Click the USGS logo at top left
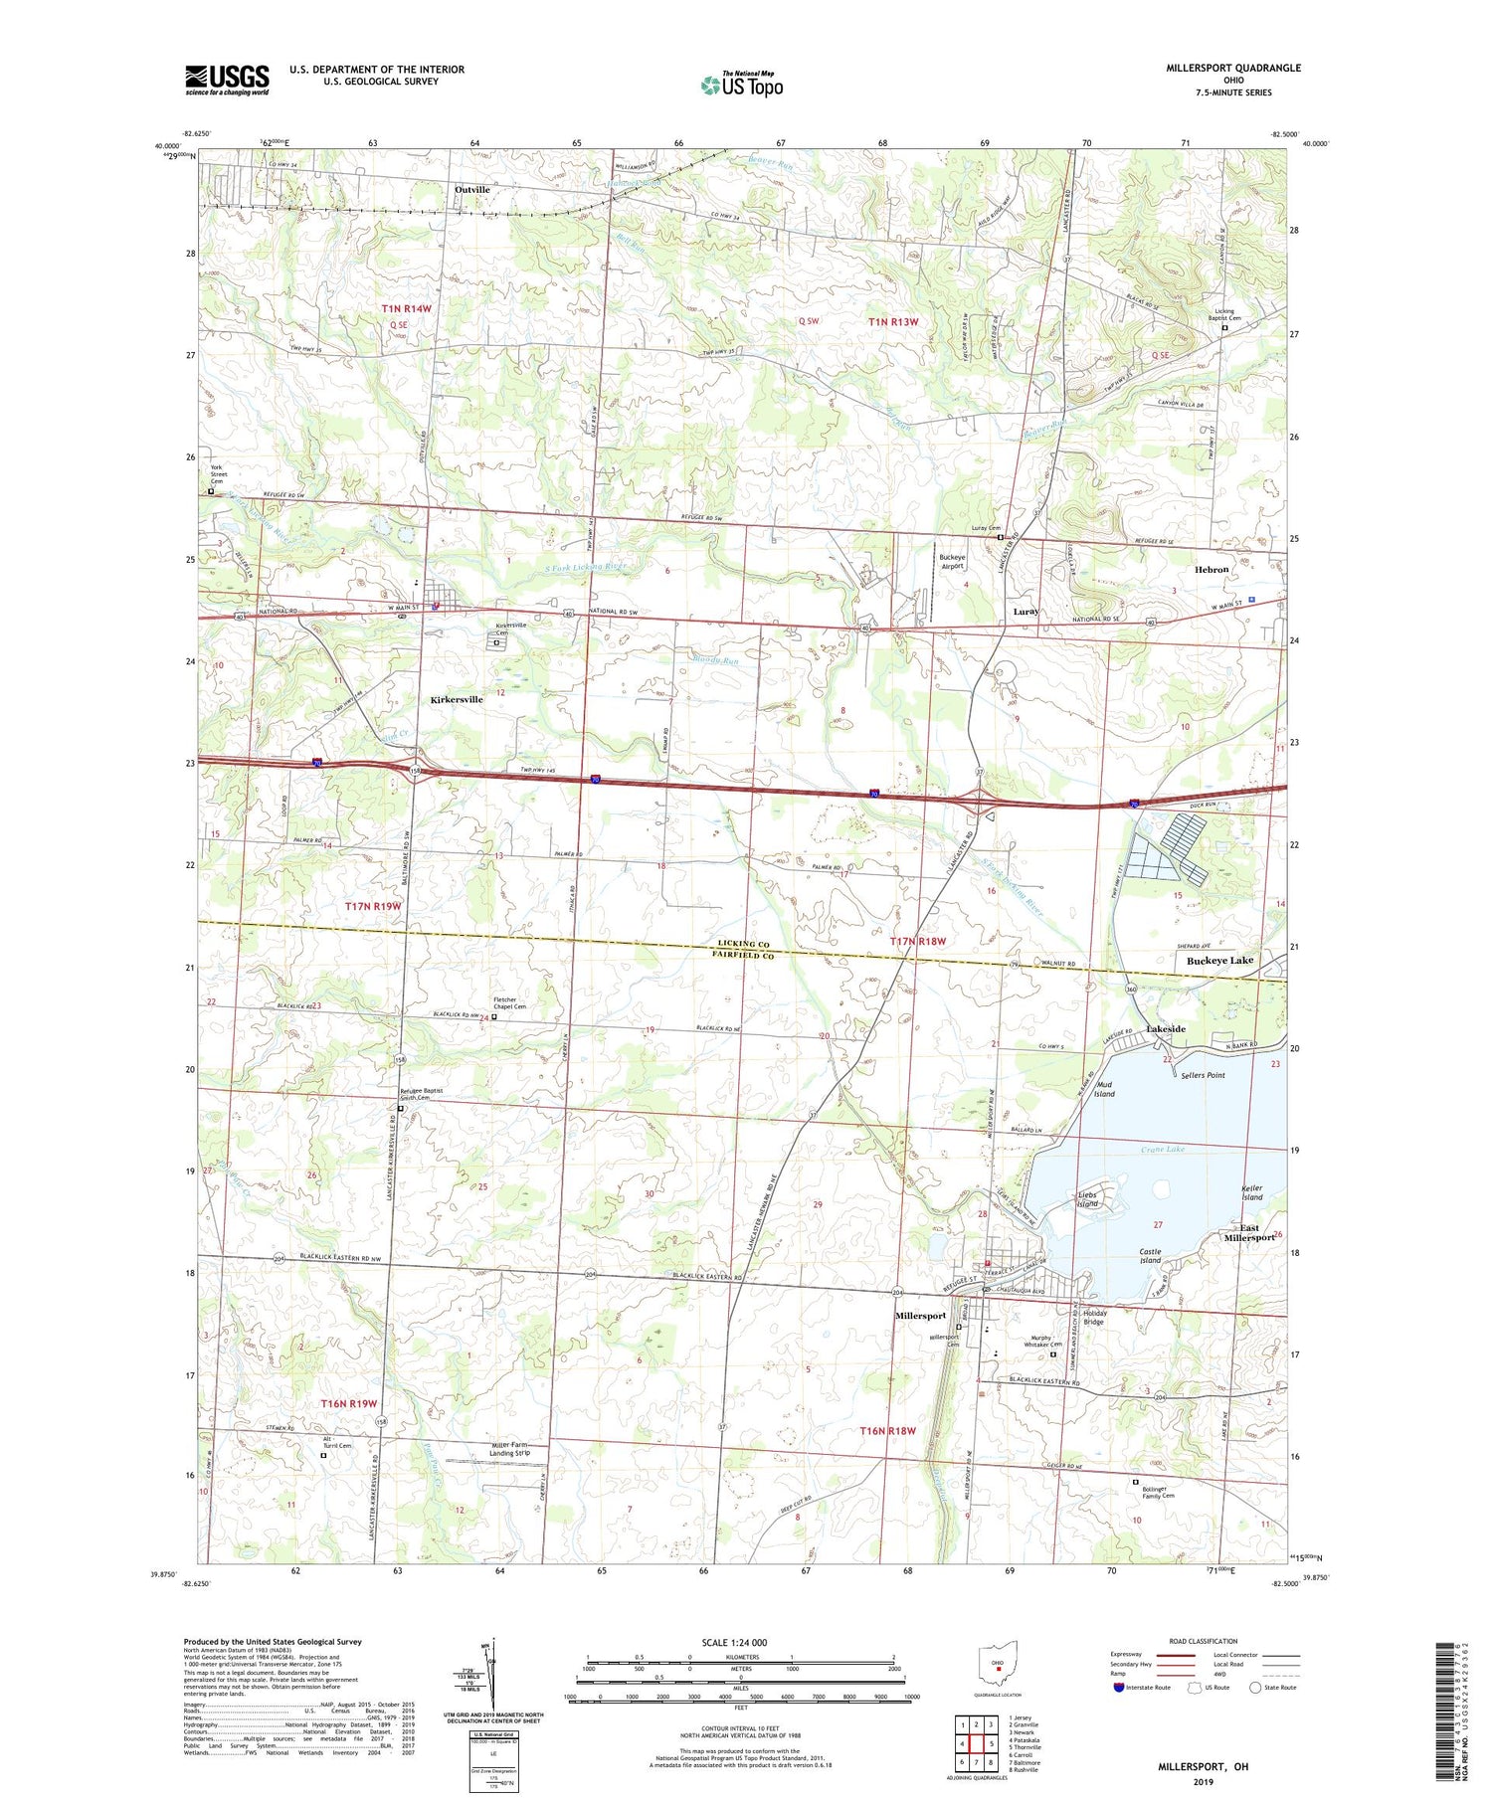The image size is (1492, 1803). coord(227,80)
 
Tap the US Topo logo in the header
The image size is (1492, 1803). coord(742,86)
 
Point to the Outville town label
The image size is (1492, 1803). coord(472,189)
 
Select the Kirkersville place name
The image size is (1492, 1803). coord(457,699)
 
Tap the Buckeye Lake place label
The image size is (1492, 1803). coord(1219,961)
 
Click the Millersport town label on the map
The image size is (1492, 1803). coord(920,1316)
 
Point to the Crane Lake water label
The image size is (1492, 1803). coord(1162,1150)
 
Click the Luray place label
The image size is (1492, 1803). coord(1026,612)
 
